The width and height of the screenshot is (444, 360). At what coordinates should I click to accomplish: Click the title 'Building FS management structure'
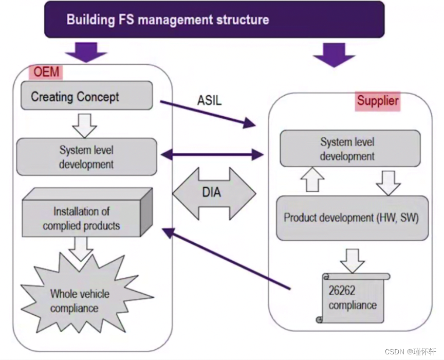[x=168, y=20]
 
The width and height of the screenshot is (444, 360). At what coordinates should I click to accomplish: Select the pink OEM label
[x=46, y=71]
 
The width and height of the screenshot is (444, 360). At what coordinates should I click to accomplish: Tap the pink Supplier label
[x=378, y=101]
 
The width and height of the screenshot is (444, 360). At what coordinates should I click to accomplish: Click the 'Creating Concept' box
[x=86, y=96]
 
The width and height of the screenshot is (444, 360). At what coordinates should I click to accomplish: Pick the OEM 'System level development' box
[x=86, y=157]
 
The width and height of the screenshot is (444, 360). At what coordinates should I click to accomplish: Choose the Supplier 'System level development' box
[x=349, y=149]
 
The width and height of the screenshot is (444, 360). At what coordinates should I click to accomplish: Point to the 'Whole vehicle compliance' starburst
[x=80, y=300]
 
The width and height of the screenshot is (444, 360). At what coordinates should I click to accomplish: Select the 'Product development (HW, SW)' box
[x=352, y=218]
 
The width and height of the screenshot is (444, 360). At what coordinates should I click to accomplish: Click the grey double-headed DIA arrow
[x=214, y=193]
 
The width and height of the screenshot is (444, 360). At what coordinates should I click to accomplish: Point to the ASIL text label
[x=209, y=100]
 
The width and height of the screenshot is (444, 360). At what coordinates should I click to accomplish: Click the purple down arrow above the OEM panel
[x=86, y=51]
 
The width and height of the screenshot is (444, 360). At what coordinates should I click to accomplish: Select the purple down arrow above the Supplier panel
[x=334, y=55]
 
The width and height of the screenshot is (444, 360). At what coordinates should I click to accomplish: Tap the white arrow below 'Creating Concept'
[x=85, y=124]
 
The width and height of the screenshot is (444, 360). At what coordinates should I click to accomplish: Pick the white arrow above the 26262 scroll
[x=352, y=259]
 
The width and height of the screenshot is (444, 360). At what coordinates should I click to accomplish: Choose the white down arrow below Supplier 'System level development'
[x=388, y=182]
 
